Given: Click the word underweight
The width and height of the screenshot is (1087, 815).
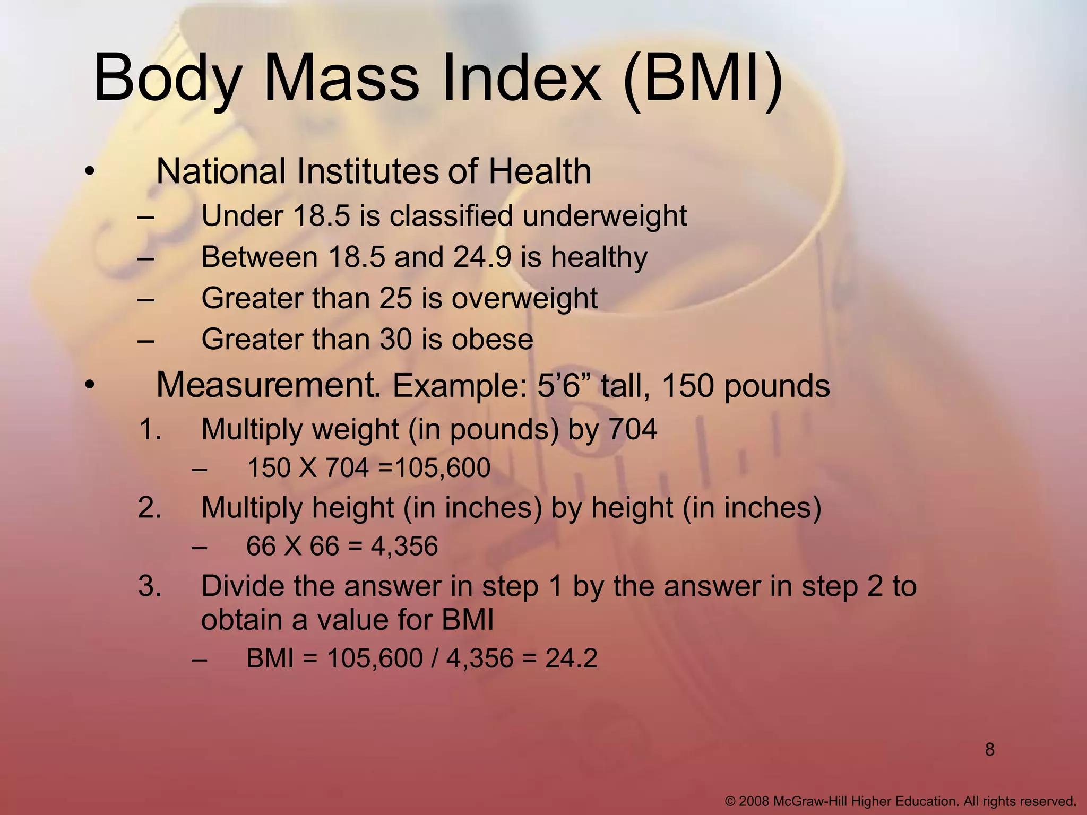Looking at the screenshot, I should [x=605, y=216].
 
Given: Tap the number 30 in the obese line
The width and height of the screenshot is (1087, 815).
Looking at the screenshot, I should [x=396, y=340].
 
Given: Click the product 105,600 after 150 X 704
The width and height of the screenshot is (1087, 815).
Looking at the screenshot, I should [x=443, y=468].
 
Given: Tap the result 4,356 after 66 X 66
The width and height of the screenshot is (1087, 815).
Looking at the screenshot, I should [x=404, y=546].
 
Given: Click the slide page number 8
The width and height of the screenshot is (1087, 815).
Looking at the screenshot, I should [x=989, y=750].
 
